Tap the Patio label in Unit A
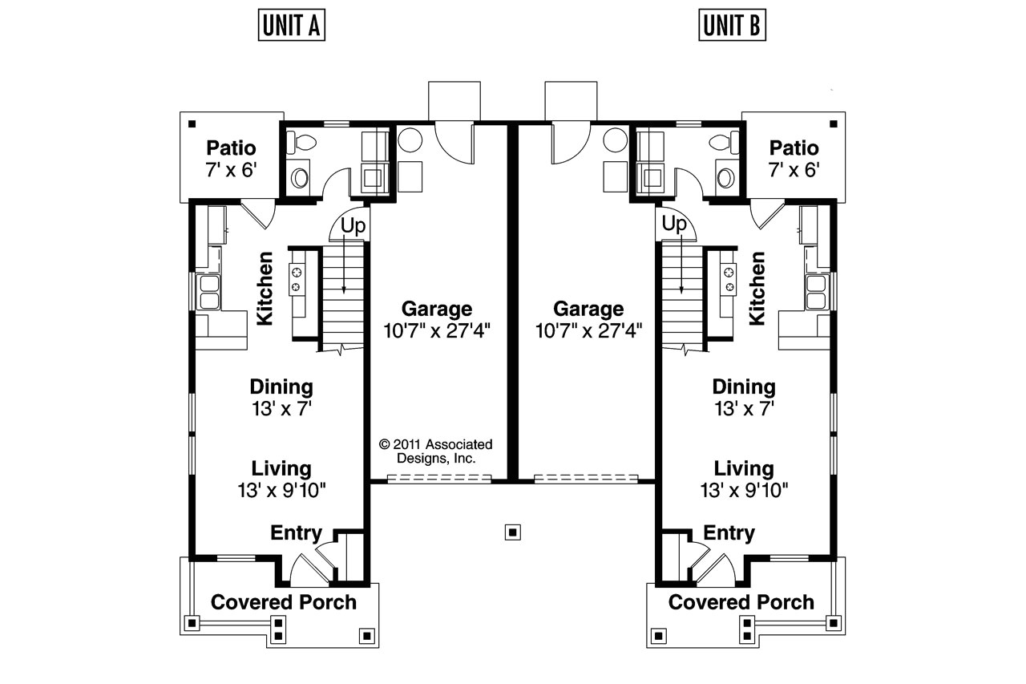point(231,148)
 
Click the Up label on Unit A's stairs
point(353,225)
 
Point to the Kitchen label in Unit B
point(757,288)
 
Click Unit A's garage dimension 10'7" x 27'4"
point(437,329)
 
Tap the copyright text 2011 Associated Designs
point(436,451)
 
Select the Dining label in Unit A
point(281,387)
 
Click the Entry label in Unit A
point(296,533)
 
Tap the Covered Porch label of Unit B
point(741,602)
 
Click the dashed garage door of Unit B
point(586,479)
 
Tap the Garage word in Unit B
point(588,309)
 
